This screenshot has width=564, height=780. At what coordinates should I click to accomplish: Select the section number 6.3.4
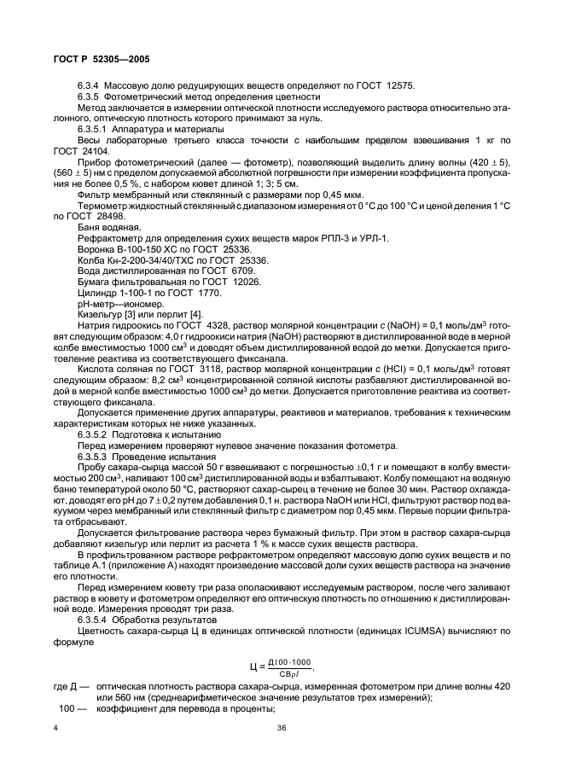click(x=90, y=86)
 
